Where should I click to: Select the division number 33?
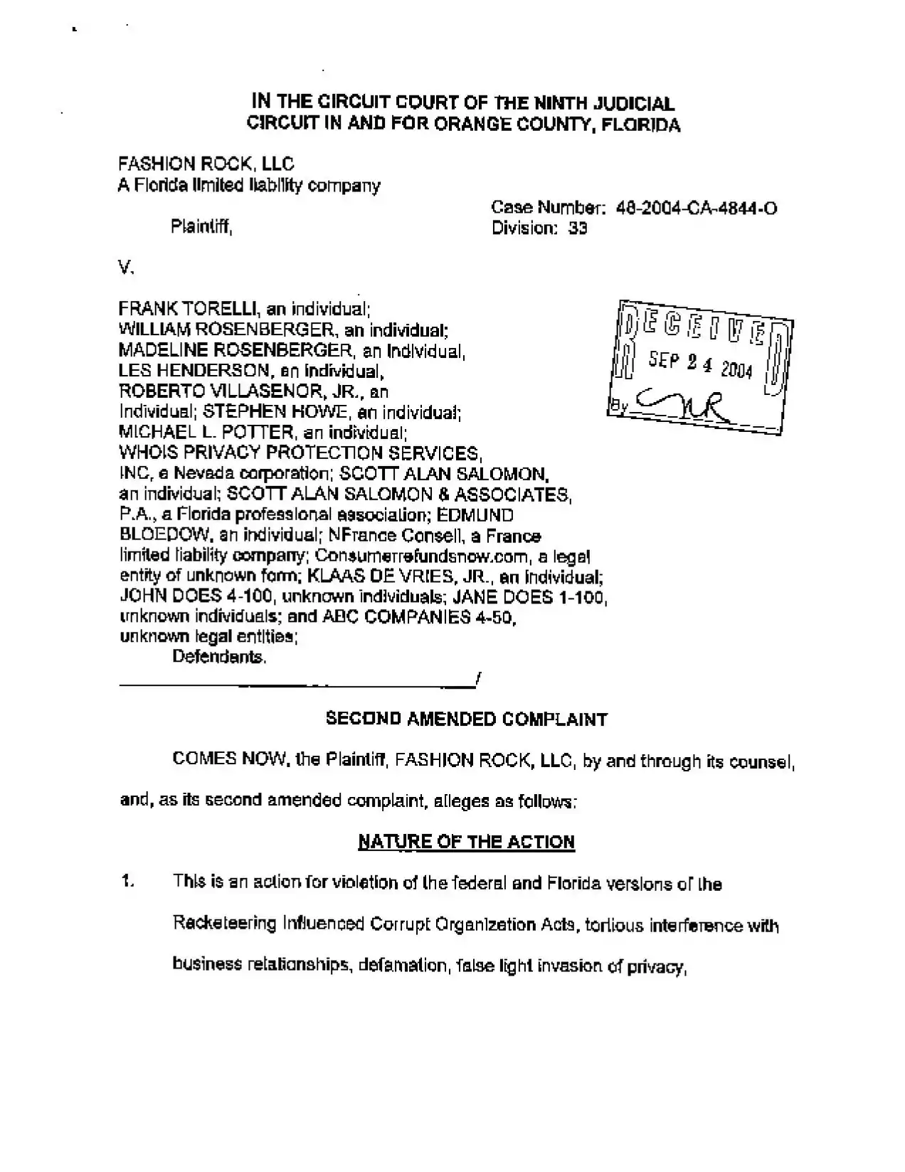577,228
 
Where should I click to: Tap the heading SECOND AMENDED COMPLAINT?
467,719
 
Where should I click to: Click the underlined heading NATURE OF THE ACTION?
467,842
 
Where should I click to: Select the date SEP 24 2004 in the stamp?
700,364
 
